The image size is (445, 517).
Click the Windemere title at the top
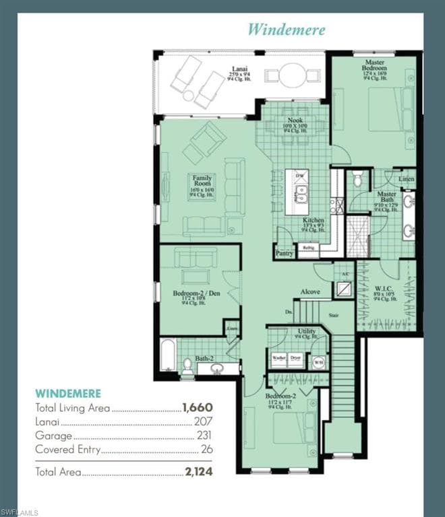[286, 30]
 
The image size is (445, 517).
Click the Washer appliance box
[278, 359]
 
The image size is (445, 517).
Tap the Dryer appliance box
[295, 359]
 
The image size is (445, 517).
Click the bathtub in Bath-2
[167, 355]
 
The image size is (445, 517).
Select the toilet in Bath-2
[187, 366]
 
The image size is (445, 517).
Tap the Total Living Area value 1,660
[197, 408]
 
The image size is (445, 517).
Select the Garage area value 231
[204, 436]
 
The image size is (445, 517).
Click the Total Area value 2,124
[198, 472]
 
